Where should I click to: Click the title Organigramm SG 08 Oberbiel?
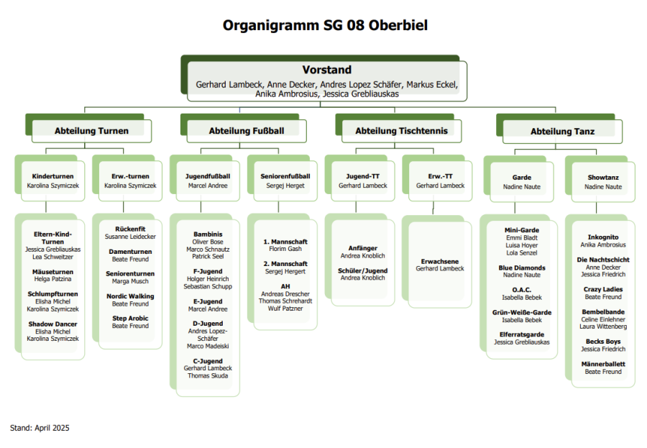click(x=325, y=26)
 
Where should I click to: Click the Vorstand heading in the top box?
click(x=327, y=70)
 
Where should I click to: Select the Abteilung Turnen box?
click(x=91, y=131)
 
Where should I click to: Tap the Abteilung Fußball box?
click(x=247, y=131)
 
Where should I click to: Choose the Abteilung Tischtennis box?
click(x=401, y=131)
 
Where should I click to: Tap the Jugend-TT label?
click(x=363, y=175)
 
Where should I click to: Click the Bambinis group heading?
click(x=208, y=234)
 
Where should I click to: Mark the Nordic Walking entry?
click(x=130, y=296)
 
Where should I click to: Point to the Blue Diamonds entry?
click(x=522, y=268)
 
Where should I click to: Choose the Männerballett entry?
click(x=603, y=364)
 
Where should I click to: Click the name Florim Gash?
click(x=286, y=250)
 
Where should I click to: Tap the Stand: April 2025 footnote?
click(x=40, y=428)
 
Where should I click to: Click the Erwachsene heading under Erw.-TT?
click(x=440, y=261)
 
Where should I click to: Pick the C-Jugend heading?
click(x=208, y=361)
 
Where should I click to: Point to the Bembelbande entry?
click(x=603, y=312)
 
